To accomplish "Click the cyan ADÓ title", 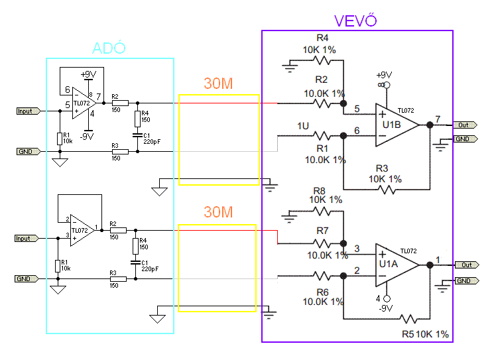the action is (x=109, y=48).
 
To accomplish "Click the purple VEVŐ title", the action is (x=355, y=21).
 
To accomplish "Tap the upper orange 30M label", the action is (x=218, y=84).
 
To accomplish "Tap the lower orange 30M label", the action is (x=218, y=212).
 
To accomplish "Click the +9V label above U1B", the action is (x=384, y=76).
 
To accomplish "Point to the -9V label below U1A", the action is (x=386, y=308).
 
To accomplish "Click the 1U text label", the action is (x=303, y=126).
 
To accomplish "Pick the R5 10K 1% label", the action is (x=425, y=334).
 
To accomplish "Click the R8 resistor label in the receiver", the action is (x=319, y=191).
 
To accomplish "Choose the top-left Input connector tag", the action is (x=29, y=111).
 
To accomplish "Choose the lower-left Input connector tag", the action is (x=27, y=238).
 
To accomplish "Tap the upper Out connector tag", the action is (x=465, y=125).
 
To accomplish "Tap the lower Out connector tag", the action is (x=467, y=265).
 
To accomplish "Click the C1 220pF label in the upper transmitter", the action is (x=152, y=139).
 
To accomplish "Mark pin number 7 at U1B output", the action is (x=438, y=119).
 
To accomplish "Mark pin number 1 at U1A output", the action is (x=438, y=260).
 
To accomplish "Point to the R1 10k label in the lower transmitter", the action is (x=66, y=265).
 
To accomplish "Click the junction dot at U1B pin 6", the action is (x=343, y=136).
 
